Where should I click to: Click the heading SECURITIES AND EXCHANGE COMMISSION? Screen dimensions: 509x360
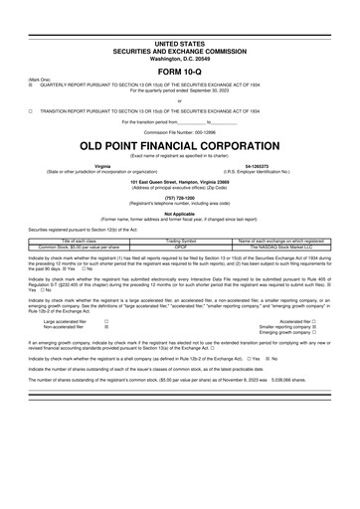(179, 23)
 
